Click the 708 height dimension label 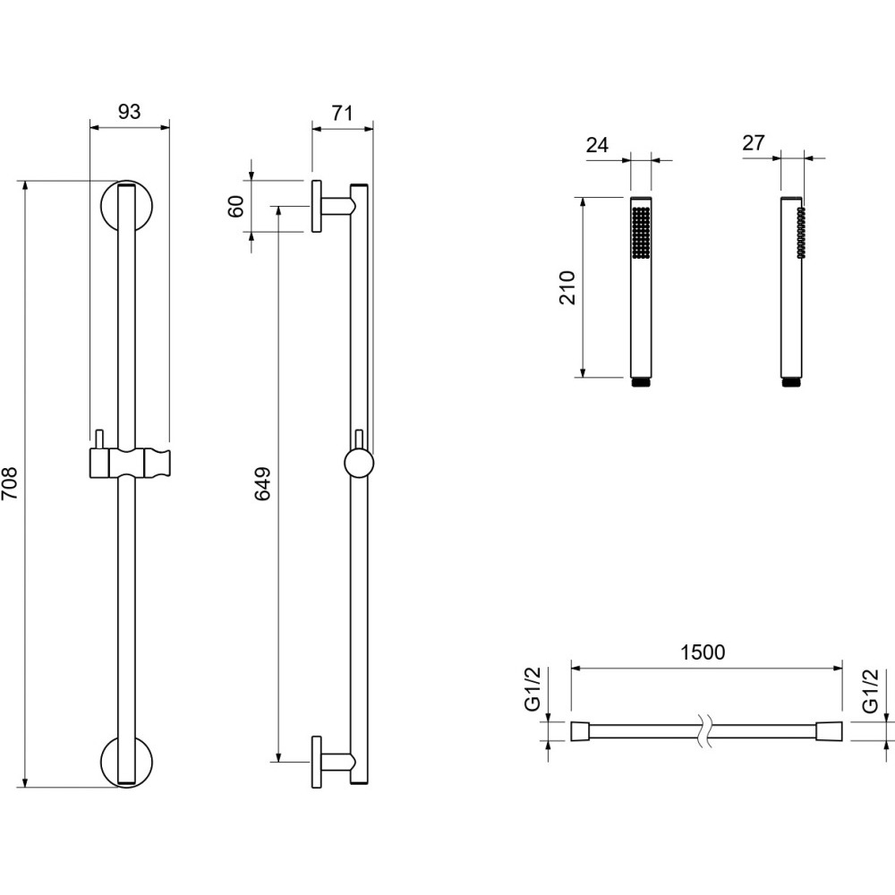[x=10, y=483]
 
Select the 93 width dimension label [x=130, y=112]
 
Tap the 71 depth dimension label [x=342, y=113]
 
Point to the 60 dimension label [x=235, y=206]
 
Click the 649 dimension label [x=262, y=484]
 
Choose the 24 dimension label [x=597, y=145]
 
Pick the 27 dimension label [x=754, y=142]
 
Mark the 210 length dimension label [x=568, y=287]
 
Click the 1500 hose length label [x=703, y=652]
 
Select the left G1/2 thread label [x=532, y=689]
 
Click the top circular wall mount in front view [x=127, y=207]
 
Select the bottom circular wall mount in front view [x=127, y=762]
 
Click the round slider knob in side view [x=359, y=463]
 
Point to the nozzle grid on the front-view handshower [x=641, y=233]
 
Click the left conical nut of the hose [x=580, y=731]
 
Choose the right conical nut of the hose [x=830, y=731]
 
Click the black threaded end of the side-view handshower [x=790, y=382]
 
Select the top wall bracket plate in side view [x=316, y=206]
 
